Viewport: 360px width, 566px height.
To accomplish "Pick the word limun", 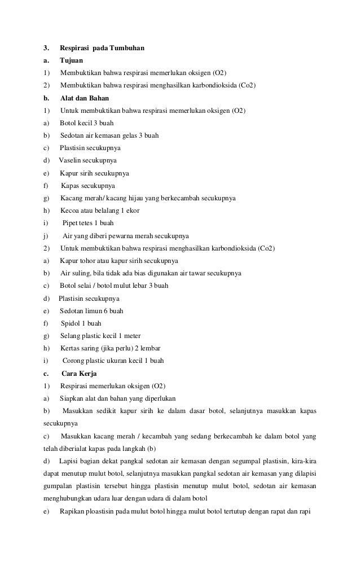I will [92, 311].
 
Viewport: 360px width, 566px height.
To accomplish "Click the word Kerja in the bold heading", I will [88, 374].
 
